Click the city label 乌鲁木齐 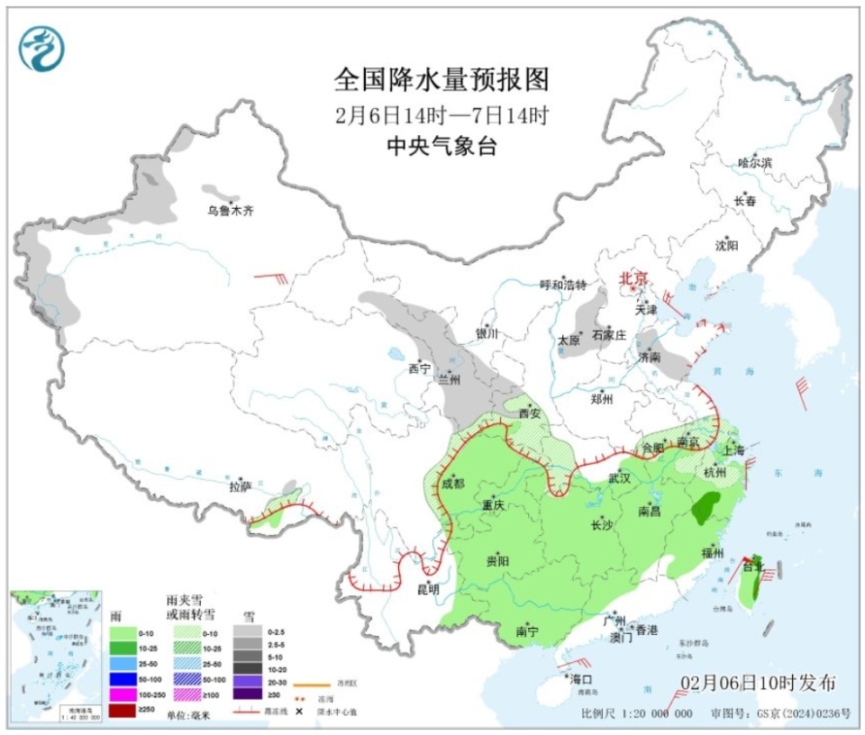[x=230, y=211]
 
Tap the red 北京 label [x=633, y=279]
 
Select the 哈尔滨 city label [x=754, y=163]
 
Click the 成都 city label [x=452, y=484]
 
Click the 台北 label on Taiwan [x=752, y=567]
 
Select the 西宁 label [x=420, y=368]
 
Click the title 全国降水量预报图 [x=441, y=80]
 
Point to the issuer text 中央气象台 [x=441, y=146]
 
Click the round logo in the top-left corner [x=43, y=48]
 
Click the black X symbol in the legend [x=298, y=712]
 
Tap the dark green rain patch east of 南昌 [x=706, y=509]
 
